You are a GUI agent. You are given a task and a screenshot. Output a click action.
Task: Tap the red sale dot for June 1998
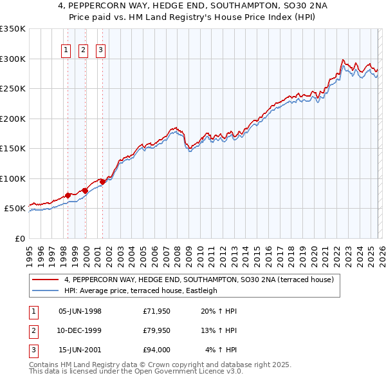pyautogui.click(x=68, y=195)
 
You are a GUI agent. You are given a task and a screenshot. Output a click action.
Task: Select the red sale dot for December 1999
pyautogui.click(x=85, y=190)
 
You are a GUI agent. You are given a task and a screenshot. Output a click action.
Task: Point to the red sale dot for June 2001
pyautogui.click(x=102, y=182)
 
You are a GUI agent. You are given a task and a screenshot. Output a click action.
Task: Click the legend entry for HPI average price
pyautogui.click(x=141, y=290)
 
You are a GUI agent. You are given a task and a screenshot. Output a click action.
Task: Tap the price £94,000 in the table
pyautogui.click(x=156, y=350)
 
